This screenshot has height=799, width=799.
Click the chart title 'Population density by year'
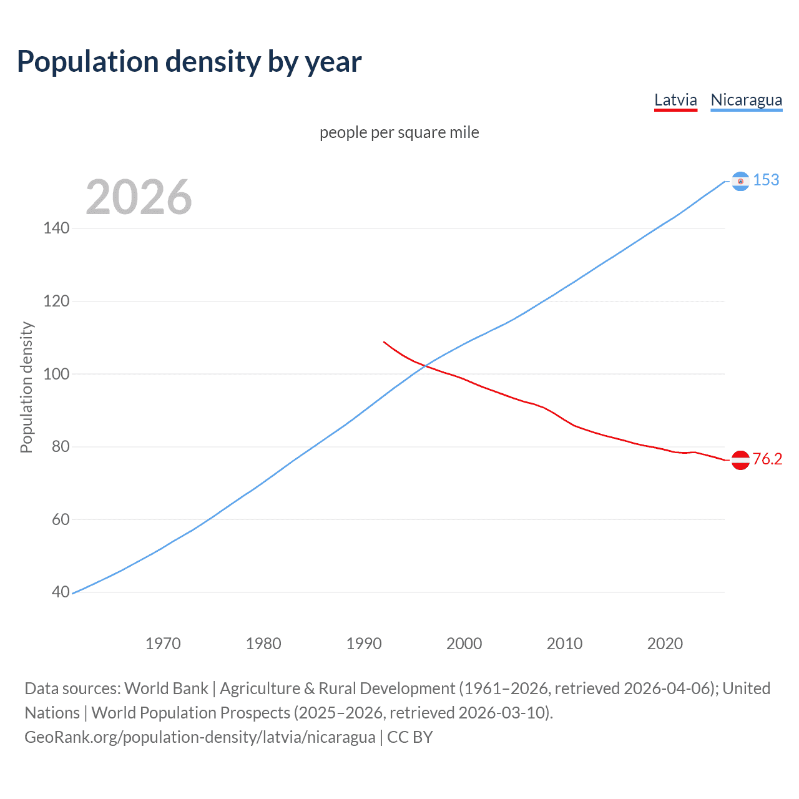point(189,62)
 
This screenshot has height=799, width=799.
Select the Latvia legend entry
point(675,100)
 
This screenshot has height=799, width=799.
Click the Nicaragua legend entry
point(746,100)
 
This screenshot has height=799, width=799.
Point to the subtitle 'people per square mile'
point(399,133)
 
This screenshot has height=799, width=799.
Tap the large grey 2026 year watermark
point(139,197)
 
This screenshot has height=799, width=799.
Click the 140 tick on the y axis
point(56,228)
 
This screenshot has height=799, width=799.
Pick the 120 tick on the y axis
point(56,301)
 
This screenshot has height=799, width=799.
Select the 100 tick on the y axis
point(56,375)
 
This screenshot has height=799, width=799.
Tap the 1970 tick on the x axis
point(163,644)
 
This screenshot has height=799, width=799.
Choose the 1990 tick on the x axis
point(364,644)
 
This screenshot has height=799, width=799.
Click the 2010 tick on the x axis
point(564,644)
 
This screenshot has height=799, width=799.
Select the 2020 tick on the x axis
point(665,644)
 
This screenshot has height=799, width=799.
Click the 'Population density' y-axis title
point(26,387)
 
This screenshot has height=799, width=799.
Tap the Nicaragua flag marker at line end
point(740,181)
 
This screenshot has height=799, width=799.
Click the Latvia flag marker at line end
point(740,460)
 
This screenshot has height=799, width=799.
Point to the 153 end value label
point(766,180)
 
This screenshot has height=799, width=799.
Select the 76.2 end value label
point(767,459)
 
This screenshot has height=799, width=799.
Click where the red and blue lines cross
point(425,366)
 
